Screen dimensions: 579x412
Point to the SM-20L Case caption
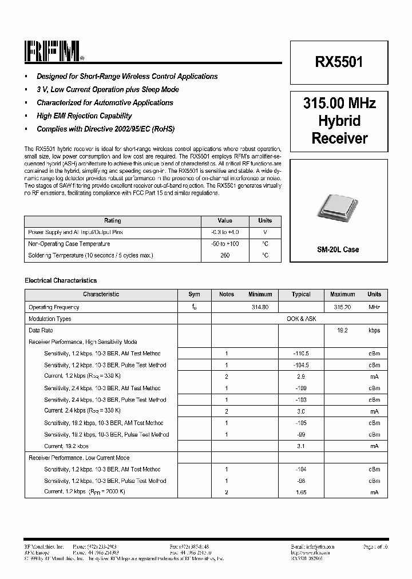point(338,249)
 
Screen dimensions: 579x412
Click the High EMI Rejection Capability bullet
point(84,116)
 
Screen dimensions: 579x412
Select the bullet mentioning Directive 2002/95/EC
point(105,129)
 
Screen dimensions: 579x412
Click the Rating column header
point(112,221)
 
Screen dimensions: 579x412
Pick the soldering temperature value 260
point(225,255)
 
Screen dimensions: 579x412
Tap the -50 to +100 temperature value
point(225,244)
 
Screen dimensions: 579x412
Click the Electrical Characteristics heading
point(61,281)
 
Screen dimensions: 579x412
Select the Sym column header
point(195,295)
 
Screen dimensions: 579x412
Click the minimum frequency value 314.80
point(260,307)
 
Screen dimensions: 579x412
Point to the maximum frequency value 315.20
point(342,307)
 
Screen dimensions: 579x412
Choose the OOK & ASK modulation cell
point(301,319)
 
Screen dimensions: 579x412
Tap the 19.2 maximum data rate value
point(342,331)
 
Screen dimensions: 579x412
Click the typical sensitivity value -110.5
point(301,354)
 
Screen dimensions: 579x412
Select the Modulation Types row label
point(50,319)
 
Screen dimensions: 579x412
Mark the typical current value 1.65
point(301,493)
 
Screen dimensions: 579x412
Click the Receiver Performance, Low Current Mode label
point(79,458)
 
